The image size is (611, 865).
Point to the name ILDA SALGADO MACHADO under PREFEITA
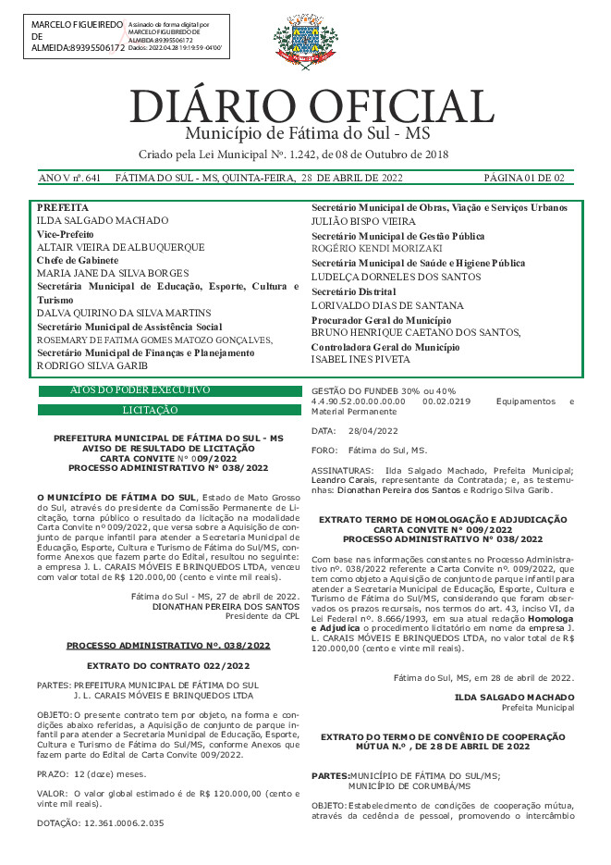coord(103,221)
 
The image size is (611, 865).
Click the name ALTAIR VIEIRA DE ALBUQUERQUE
coord(120,248)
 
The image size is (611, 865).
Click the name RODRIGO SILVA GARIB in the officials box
coord(93,365)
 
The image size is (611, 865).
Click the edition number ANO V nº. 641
coord(69,178)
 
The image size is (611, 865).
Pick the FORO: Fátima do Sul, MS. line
coord(368,450)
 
